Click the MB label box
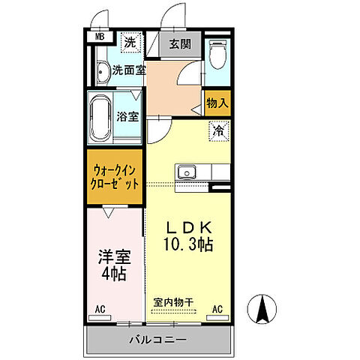(x=99, y=36)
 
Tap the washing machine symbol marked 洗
(x=129, y=43)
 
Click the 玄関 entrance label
(x=179, y=43)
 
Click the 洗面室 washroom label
(x=128, y=71)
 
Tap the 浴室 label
(x=127, y=116)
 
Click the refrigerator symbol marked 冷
(x=218, y=130)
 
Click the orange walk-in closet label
(x=114, y=176)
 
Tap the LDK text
(x=190, y=227)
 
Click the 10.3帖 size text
(x=190, y=244)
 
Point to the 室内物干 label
(x=173, y=302)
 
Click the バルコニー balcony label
(x=159, y=340)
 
